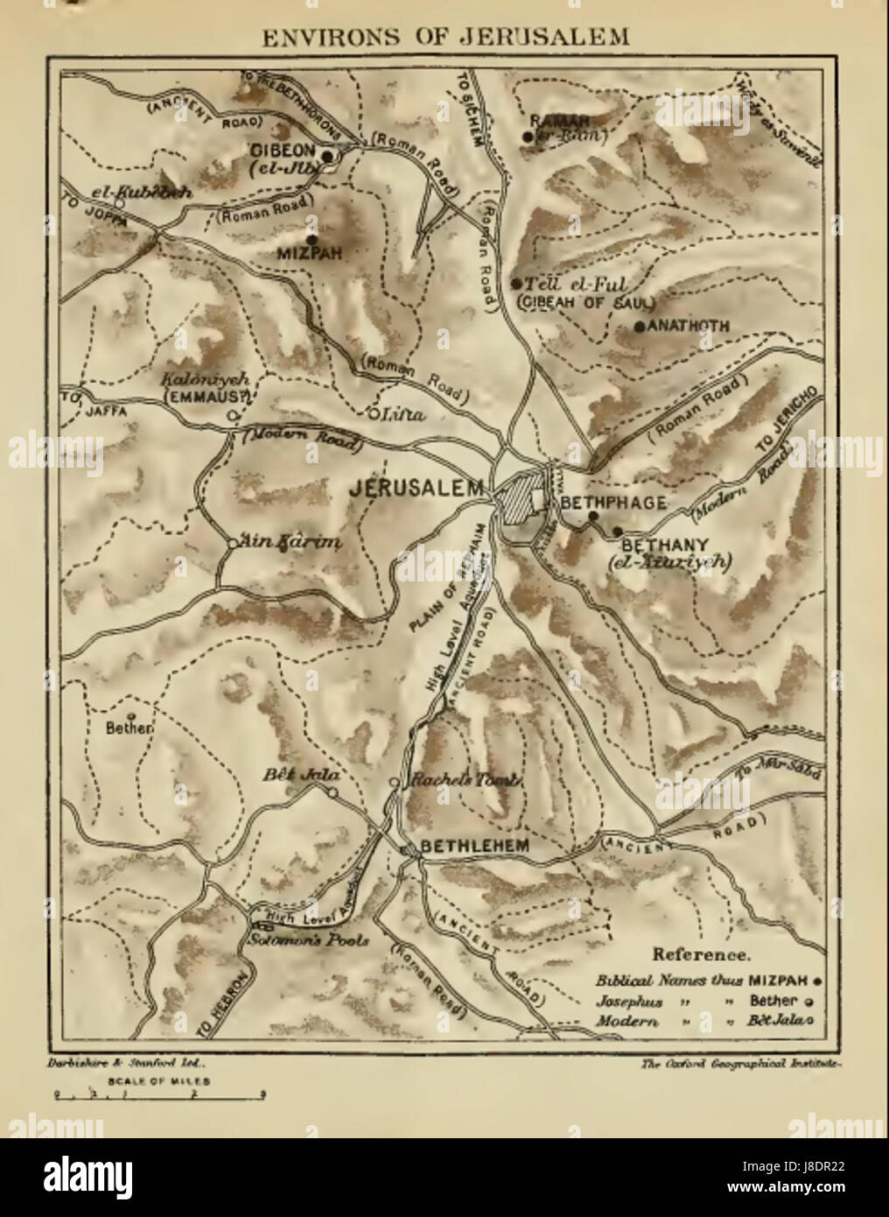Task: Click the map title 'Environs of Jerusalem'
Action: (x=444, y=38)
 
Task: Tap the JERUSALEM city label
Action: (x=416, y=490)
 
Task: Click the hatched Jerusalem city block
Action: (x=521, y=503)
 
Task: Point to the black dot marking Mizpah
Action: (x=311, y=238)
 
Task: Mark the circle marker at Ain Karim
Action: (x=230, y=543)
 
